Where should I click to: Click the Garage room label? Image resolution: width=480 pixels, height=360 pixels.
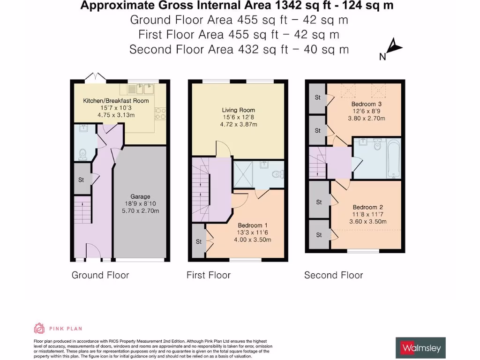[x=140, y=196]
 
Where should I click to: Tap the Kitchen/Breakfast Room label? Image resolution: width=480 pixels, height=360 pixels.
[x=116, y=101]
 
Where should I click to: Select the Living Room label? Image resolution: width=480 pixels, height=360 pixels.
[x=239, y=110]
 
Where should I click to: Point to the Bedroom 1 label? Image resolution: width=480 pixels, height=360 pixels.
[x=253, y=225]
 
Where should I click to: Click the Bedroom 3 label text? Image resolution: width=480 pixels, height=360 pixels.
[x=367, y=104]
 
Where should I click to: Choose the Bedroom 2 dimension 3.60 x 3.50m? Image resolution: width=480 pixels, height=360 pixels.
[x=367, y=222]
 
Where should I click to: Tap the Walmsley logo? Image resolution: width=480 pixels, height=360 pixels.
[x=420, y=348]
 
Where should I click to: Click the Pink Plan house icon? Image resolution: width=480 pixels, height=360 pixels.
[x=39, y=329]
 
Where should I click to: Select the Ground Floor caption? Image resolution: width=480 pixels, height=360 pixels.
[x=100, y=275]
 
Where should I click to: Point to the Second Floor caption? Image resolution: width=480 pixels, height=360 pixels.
[x=333, y=275]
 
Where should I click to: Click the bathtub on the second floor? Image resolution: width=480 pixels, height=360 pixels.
[x=394, y=158]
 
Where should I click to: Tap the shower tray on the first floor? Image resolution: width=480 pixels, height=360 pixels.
[x=243, y=174]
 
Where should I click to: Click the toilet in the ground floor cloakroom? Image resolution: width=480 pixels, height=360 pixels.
[x=82, y=155]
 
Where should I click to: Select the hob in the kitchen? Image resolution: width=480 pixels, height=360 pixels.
[x=160, y=113]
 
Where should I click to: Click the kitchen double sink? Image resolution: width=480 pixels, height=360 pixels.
[x=144, y=89]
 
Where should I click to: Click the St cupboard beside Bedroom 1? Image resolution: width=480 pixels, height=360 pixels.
[x=199, y=241]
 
